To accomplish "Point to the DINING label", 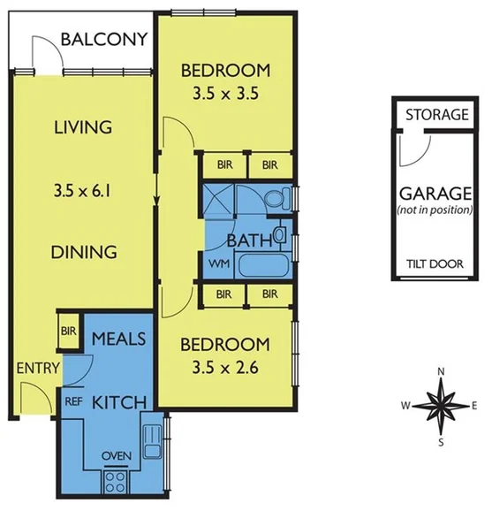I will point(83,251).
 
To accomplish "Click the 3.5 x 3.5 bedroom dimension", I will point(224,92).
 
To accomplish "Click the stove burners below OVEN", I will point(117,482).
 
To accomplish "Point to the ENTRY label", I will point(36,369).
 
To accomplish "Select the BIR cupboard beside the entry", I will point(68,332).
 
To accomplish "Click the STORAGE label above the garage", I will point(436,115).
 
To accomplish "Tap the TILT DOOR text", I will point(436,264).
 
